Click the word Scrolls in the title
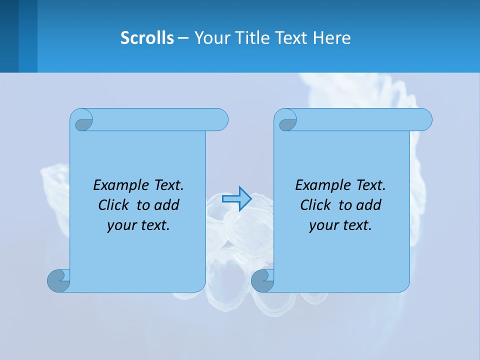point(147,37)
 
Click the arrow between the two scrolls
point(236,198)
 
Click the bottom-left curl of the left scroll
point(59,281)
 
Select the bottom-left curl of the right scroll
point(262,281)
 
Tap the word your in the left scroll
point(121,225)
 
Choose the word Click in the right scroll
point(315,205)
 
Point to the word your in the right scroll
point(323,225)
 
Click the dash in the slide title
point(183,38)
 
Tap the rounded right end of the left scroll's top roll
point(221,119)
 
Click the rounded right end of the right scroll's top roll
point(425,119)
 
